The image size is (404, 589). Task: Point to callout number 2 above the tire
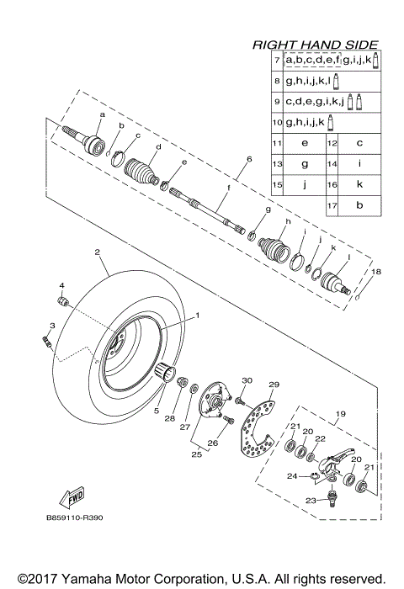pos(98,252)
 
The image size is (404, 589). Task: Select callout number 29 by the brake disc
pos(272,385)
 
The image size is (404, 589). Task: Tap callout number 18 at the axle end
pos(376,272)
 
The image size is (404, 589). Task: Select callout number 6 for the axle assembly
pos(249,158)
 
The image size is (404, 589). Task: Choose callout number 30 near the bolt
pos(247,380)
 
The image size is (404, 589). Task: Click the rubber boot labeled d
pos(142,172)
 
